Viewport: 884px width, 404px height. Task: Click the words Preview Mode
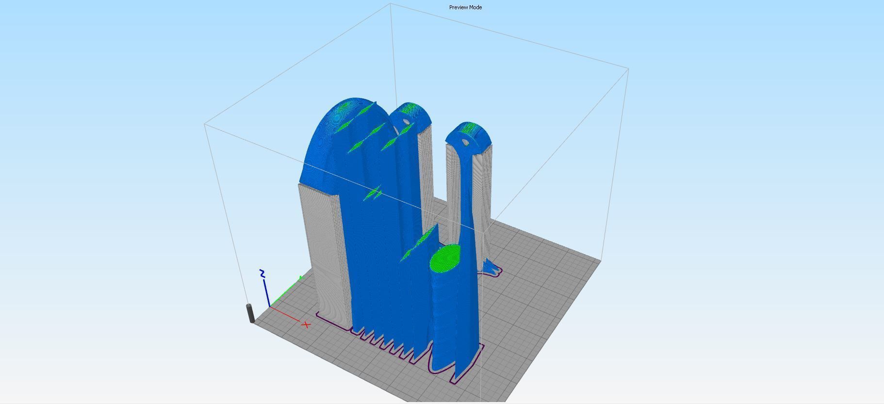465,7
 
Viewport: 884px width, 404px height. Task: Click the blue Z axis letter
262,274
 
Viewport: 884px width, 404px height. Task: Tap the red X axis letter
306,324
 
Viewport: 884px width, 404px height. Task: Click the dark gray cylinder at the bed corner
251,313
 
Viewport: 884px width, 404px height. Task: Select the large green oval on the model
445,258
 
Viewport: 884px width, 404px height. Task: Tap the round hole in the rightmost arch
465,143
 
